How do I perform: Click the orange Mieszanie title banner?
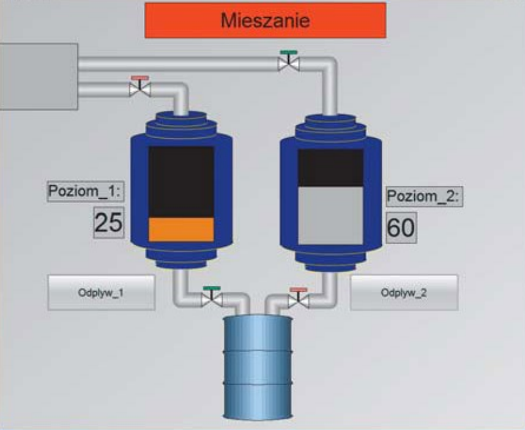point(265,20)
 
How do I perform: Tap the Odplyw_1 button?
point(101,292)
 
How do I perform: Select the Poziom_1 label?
point(86,191)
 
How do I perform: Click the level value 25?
point(108,223)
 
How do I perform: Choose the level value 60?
point(401,228)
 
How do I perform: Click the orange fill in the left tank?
point(181,229)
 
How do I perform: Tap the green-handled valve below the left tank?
point(212,297)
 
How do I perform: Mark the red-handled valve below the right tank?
point(299,298)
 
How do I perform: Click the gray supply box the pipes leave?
point(38,76)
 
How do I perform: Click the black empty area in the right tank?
point(330,167)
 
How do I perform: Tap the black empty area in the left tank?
point(181,181)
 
